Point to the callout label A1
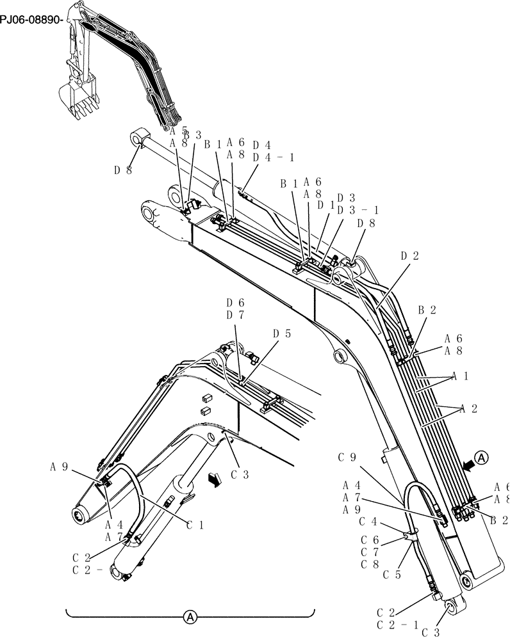tap(460, 376)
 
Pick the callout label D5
tap(281, 333)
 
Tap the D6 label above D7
tap(235, 303)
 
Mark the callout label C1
tap(195, 525)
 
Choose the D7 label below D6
tap(235, 315)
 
